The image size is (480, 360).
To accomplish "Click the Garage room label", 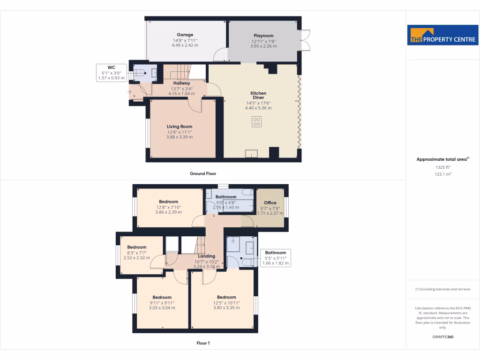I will tap(185, 35).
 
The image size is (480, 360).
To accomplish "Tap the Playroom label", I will tap(263, 36).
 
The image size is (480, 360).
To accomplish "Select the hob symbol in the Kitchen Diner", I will tap(256, 121).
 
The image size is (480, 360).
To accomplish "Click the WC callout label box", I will tap(111, 73).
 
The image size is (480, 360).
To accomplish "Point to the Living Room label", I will tap(180, 127).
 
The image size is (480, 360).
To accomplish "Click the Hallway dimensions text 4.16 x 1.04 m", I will tap(181, 93).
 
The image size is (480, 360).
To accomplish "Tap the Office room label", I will tap(270, 203).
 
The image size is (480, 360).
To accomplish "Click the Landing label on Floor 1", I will tap(206, 256).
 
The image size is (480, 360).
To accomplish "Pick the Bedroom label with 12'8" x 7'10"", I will tap(168, 201).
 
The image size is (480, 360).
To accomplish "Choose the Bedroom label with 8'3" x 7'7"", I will tap(137, 247).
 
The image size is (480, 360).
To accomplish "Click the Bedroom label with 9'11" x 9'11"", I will tap(162, 297).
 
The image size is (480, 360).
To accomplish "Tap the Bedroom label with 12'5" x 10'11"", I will tap(226, 297).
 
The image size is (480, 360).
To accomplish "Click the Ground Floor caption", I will tap(203, 173).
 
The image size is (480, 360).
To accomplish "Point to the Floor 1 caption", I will tap(203, 343).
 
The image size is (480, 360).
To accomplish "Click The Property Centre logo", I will tap(443, 35).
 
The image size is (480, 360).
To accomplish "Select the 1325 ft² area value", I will tap(443, 167).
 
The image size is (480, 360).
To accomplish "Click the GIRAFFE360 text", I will tap(443, 337).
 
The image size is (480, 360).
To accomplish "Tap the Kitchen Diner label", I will tap(258, 96).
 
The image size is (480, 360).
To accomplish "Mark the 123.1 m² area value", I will tap(443, 174).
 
